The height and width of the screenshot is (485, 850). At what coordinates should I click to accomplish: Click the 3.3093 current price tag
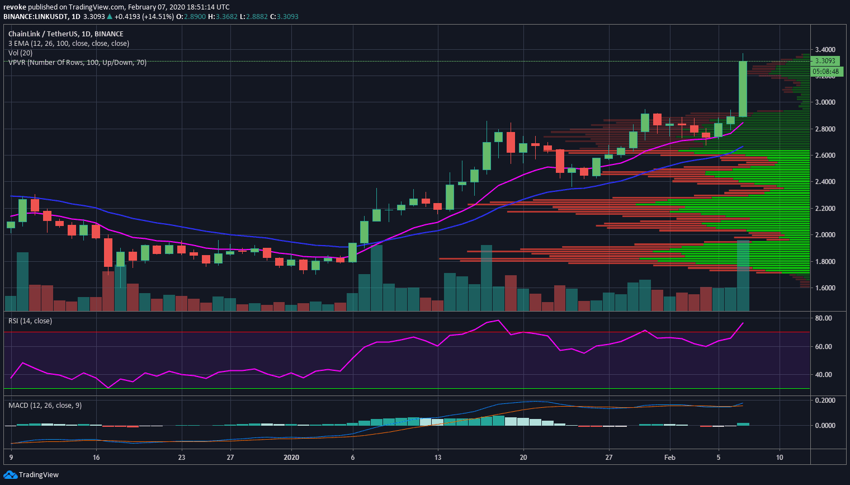825,61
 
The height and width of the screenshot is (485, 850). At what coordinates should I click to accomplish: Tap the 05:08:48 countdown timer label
825,72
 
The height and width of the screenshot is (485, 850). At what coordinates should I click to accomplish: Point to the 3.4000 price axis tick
825,50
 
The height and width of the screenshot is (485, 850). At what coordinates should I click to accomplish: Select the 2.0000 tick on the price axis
825,235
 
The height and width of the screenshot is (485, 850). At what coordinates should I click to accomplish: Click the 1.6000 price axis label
825,288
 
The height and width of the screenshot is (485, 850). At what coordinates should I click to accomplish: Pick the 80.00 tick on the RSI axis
824,318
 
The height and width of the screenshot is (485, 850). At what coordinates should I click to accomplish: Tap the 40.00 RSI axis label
824,375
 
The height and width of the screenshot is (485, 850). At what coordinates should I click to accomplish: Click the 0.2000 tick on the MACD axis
825,401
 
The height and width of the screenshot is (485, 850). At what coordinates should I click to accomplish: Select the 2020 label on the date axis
291,458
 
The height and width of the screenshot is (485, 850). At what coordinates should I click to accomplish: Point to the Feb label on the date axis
669,458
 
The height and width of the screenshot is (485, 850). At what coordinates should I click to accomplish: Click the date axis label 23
182,458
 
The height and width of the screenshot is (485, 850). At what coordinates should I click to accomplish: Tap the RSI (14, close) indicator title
30,321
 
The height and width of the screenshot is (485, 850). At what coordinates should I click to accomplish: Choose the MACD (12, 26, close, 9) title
45,406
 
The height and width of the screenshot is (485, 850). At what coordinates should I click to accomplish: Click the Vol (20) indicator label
20,53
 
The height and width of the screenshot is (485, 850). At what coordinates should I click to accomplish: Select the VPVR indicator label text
77,63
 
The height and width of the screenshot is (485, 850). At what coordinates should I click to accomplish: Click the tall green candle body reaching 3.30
743,88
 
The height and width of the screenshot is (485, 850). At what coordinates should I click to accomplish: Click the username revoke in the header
15,7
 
